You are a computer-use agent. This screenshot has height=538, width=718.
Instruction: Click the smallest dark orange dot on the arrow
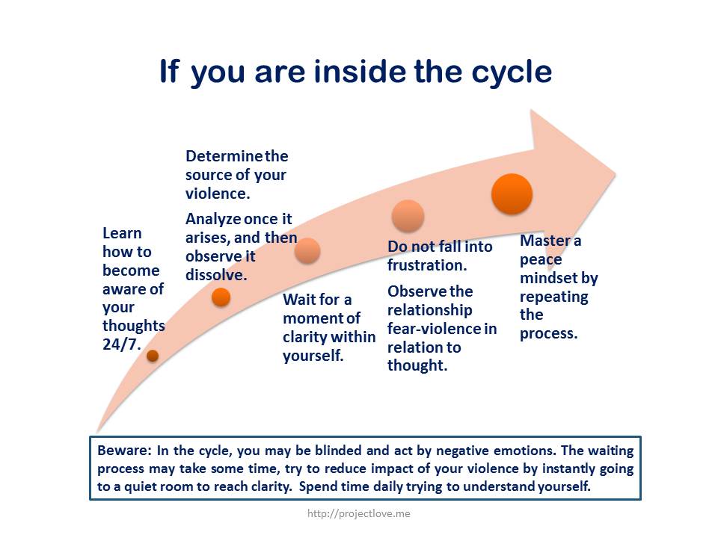coord(153,356)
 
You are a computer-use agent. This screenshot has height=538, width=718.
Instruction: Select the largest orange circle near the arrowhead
coord(512,194)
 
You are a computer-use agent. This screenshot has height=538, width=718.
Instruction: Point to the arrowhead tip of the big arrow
coord(616,174)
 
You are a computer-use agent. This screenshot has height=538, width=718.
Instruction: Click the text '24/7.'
coord(122,344)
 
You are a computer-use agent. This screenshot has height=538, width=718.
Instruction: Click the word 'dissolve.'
coord(216,275)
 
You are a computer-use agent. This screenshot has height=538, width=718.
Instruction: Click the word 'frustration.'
coord(427,265)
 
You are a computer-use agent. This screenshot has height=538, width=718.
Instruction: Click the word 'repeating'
coord(553,297)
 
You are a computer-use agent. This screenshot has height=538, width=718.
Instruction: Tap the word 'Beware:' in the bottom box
coord(124,450)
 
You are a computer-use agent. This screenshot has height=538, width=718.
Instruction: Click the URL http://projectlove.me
coord(358,514)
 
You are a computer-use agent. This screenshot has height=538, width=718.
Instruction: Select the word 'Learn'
coord(122,233)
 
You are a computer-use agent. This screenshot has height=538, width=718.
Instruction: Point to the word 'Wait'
coord(299,300)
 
